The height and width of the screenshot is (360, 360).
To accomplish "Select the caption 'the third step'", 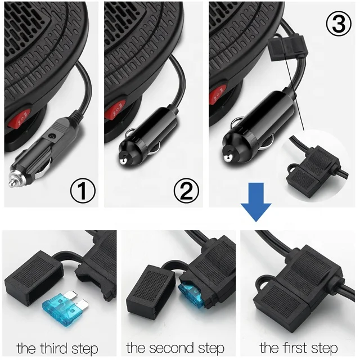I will tap(57, 348).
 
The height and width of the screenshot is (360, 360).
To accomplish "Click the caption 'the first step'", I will tap(299, 348).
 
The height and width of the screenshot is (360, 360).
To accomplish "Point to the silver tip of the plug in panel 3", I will tap(228, 159).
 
